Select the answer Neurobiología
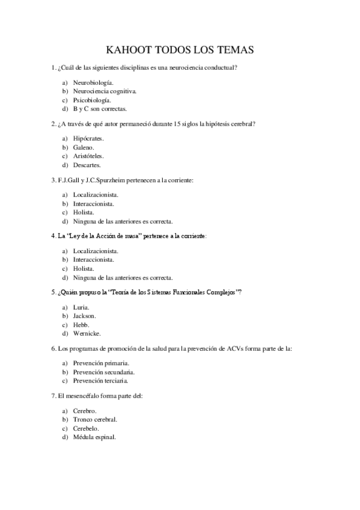tap(93, 82)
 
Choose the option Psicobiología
tap(92, 100)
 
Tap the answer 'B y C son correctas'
tap(100, 109)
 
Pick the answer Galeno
tap(84, 147)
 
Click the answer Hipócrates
tap(88, 138)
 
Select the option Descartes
tap(87, 165)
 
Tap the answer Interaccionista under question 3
tap(94, 203)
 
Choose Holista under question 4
tap(84, 268)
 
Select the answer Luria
tap(82, 307)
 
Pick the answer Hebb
tap(81, 325)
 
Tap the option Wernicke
tap(87, 333)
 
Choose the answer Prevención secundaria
tap(103, 372)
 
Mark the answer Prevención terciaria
tap(100, 381)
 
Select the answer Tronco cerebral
tap(95, 419)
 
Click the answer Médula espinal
tap(94, 437)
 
